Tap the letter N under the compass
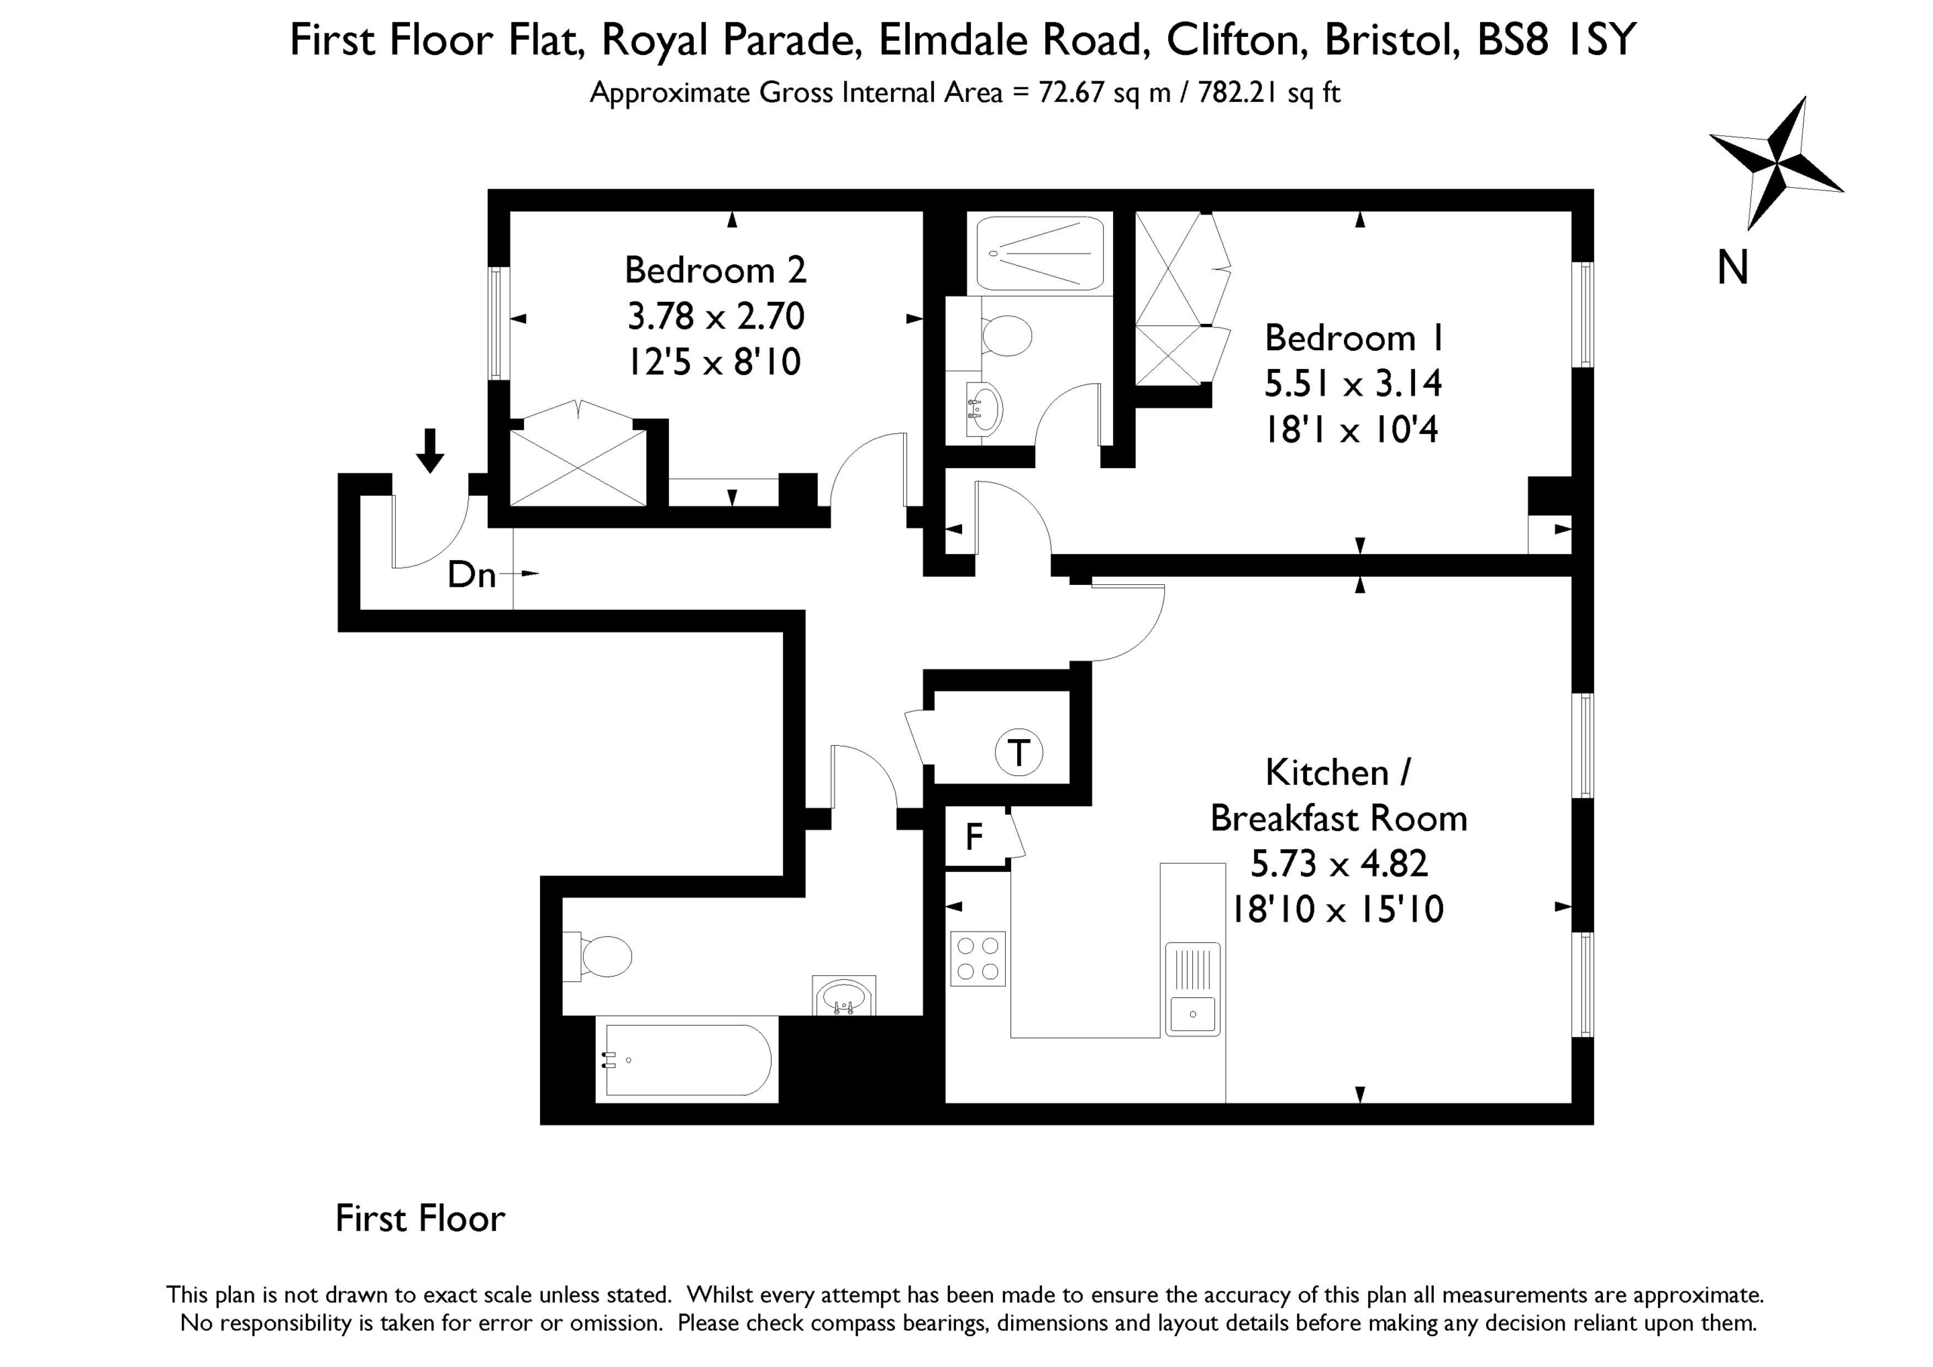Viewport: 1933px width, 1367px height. click(1733, 269)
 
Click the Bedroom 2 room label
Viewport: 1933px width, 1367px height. click(716, 270)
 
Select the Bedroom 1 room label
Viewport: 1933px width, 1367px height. click(1354, 338)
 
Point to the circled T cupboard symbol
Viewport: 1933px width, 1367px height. click(1019, 753)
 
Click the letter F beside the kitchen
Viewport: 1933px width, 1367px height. click(974, 836)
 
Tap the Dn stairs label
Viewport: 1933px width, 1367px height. click(471, 575)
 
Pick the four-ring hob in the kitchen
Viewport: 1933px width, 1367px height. click(977, 958)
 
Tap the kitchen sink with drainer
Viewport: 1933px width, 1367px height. click(1192, 988)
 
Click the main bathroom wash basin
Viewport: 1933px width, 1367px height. click(843, 996)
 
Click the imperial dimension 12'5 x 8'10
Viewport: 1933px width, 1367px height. click(716, 362)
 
